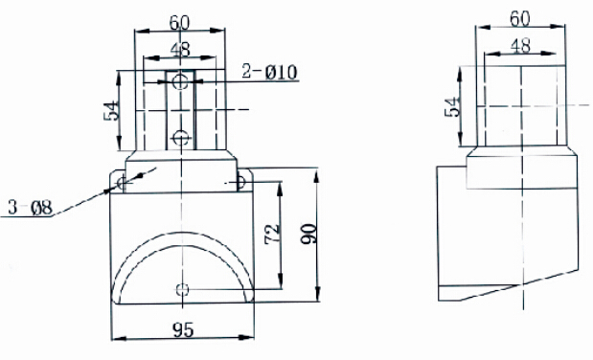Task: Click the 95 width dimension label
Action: click(183, 329)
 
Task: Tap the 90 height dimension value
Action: click(308, 234)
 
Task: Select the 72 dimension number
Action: click(273, 235)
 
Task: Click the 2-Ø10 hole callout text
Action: click(269, 72)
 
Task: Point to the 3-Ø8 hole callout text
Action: click(31, 208)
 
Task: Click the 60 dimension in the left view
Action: click(179, 23)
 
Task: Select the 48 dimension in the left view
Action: click(180, 50)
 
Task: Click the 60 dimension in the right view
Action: click(520, 19)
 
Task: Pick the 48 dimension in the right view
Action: click(520, 46)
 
